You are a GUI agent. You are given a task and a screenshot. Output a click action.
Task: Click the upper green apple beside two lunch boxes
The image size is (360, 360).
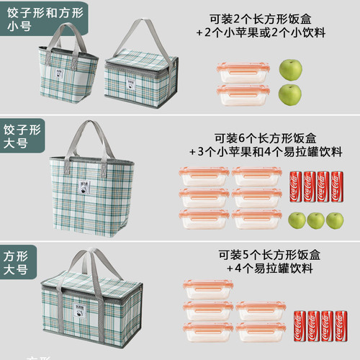tap(289, 70)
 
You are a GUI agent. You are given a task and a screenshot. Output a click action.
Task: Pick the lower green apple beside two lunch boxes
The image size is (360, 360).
tap(289, 94)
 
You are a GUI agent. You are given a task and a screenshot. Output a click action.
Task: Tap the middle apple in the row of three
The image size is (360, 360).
tap(315, 220)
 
